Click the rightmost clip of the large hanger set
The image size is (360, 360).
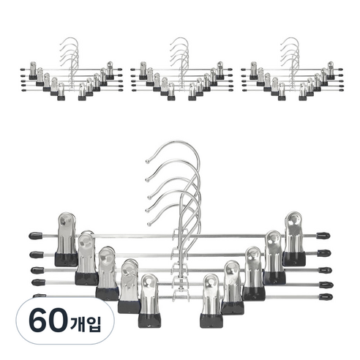pos(295,237)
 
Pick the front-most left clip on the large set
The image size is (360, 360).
pos(149,300)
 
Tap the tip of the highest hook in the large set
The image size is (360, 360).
pos(148,159)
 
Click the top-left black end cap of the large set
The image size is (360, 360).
pos(34,237)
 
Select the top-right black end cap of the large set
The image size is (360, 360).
pos(323,236)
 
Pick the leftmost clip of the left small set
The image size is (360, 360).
pos(32,70)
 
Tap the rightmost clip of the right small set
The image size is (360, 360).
pos(329,70)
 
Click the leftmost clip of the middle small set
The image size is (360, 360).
pos(142,70)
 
